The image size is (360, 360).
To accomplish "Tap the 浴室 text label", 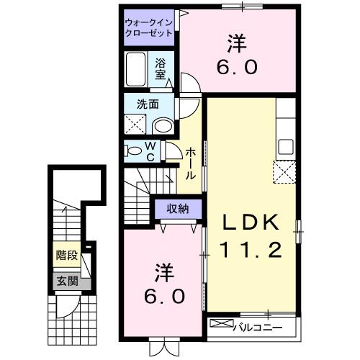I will coord(161,68).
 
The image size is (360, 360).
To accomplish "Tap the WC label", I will coord(152,151).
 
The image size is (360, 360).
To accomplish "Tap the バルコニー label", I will coord(256,328).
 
